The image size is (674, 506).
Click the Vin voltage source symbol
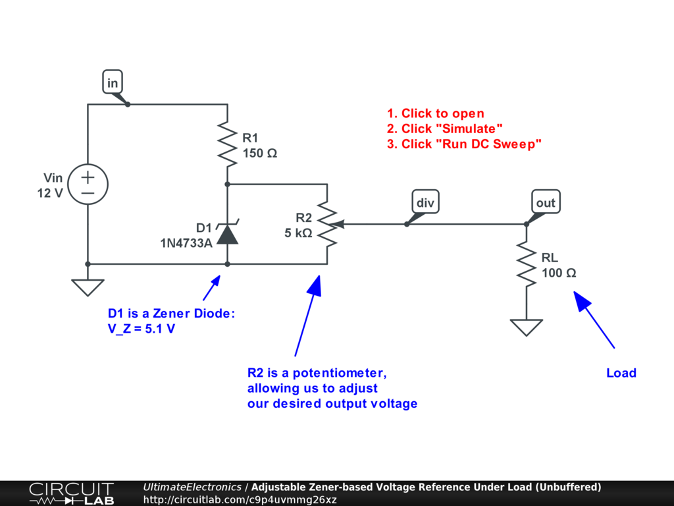(88, 184)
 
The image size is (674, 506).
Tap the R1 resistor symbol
(227, 146)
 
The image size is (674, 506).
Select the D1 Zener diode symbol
(227, 233)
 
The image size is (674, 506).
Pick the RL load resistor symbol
(527, 264)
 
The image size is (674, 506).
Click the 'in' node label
(113, 83)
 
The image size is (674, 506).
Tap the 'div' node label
(425, 202)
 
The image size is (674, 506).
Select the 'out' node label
(546, 202)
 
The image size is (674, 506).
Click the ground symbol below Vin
(88, 287)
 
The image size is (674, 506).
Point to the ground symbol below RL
(527, 327)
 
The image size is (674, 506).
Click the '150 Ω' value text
(259, 154)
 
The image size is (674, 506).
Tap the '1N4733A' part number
(186, 243)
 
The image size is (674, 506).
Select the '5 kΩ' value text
(298, 233)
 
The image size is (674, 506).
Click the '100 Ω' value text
(559, 273)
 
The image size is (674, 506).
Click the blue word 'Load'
(621, 373)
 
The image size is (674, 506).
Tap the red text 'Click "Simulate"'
(445, 128)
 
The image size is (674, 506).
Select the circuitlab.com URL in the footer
(240, 499)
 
